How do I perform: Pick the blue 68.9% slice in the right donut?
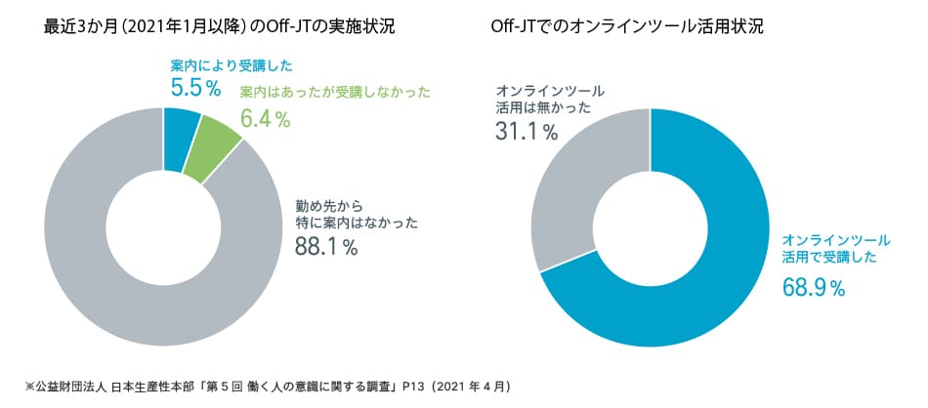point(703,293)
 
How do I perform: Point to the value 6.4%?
point(265,120)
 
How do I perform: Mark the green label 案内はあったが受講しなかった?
point(335,93)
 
